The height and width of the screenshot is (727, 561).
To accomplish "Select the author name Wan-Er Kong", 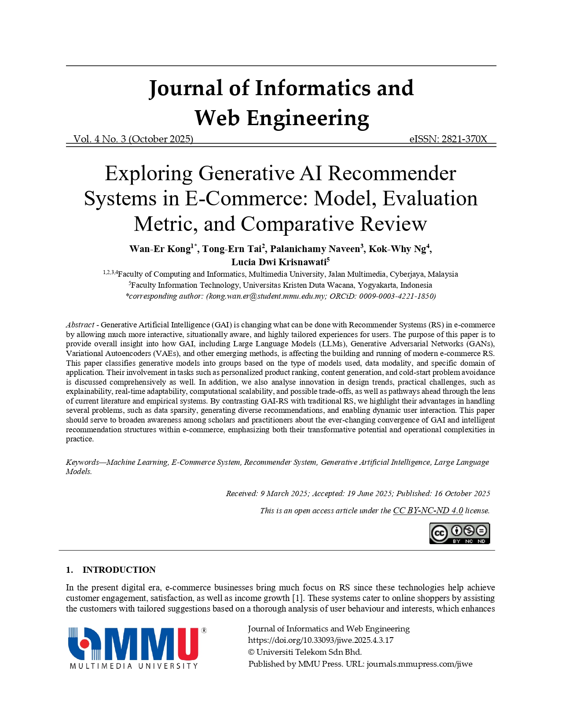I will [160, 249].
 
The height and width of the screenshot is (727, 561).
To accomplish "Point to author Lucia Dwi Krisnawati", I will [279, 262].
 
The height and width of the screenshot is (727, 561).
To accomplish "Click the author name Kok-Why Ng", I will [397, 249].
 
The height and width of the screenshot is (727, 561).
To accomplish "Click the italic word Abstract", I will [80, 325].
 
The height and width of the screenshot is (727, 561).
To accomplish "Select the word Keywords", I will [82, 462].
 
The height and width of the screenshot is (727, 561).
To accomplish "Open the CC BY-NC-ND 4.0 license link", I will [428, 511].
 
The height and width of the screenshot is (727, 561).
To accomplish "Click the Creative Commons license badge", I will [459, 534].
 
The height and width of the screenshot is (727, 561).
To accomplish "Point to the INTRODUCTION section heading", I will [119, 570].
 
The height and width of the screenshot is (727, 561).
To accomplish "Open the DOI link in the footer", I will [321, 640].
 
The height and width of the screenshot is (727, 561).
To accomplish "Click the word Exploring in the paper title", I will [148, 174].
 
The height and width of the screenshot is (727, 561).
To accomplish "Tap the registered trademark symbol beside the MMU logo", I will [204, 631].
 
